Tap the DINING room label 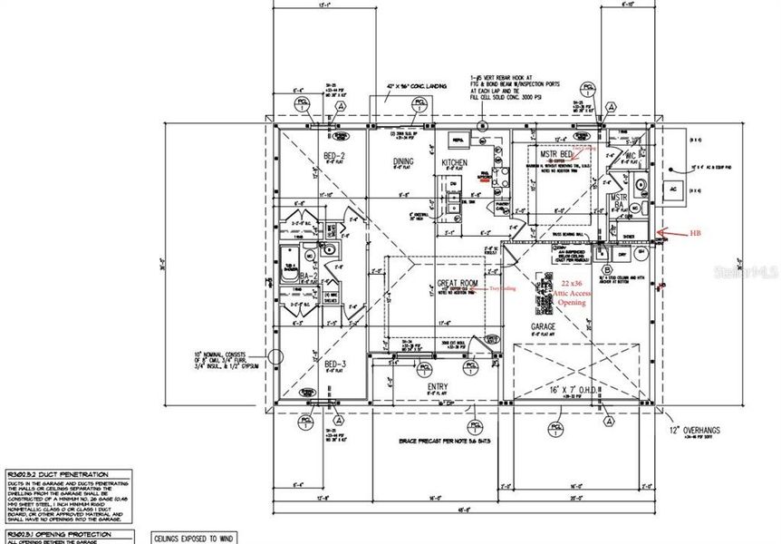tap(403, 162)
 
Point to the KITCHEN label tap(454, 163)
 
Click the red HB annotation tap(695, 233)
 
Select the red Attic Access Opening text tap(566, 294)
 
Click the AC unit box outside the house tap(672, 190)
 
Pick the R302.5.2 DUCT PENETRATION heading tap(58, 473)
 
